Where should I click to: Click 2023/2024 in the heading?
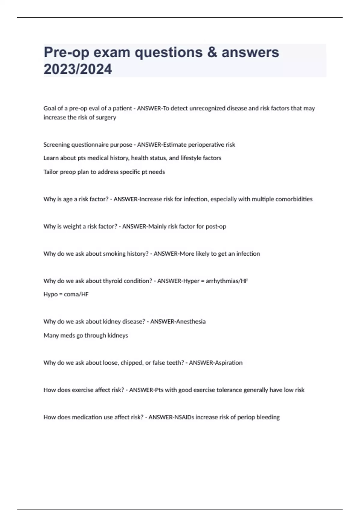coord(78,69)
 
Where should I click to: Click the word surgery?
coord(106,117)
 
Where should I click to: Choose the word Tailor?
coord(50,172)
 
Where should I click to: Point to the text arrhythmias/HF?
coord(227,281)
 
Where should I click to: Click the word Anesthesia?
coord(190,322)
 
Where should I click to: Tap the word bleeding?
coord(268,417)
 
